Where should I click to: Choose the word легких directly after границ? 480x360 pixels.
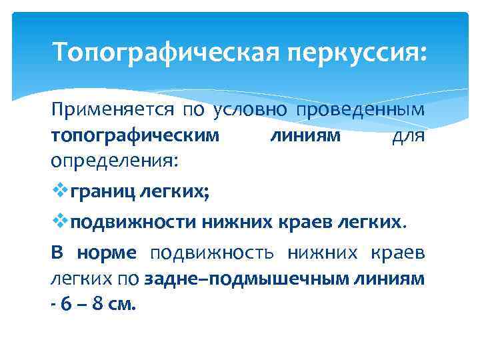pyautogui.click(x=172, y=193)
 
